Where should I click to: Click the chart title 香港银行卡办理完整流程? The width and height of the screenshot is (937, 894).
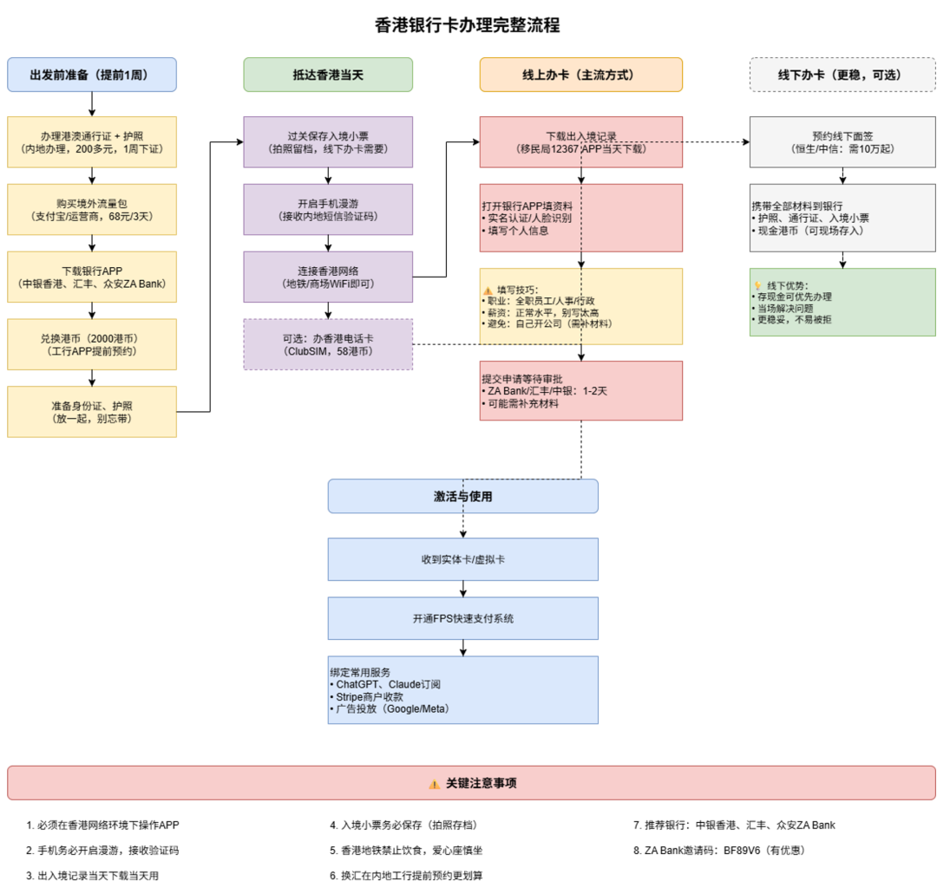point(468,25)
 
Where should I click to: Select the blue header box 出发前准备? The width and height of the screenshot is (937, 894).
point(91,75)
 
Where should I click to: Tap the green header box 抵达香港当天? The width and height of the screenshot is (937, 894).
point(328,75)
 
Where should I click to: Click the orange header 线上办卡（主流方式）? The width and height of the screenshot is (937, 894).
point(580,75)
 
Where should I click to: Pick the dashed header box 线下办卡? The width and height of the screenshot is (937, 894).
point(842,75)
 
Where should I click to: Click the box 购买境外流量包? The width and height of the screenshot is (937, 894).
point(91,209)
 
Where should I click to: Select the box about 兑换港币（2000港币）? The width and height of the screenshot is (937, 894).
point(91,344)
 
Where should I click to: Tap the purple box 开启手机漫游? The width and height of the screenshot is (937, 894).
point(328,209)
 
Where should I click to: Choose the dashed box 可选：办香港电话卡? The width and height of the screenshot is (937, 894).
point(328,344)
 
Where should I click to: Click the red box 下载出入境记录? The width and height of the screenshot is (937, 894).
point(580,142)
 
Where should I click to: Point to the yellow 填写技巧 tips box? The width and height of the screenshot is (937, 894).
point(580,306)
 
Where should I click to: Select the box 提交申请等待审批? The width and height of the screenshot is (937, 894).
point(580,390)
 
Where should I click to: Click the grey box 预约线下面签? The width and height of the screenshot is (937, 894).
point(842,142)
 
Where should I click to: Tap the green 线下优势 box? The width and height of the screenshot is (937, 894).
point(842,302)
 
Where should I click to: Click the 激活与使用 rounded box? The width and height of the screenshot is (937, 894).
point(462,496)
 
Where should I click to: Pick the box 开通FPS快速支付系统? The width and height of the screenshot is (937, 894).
point(462,618)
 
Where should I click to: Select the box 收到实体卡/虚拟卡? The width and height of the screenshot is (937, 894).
point(462,559)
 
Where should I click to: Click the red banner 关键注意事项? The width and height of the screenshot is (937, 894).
point(471,783)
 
